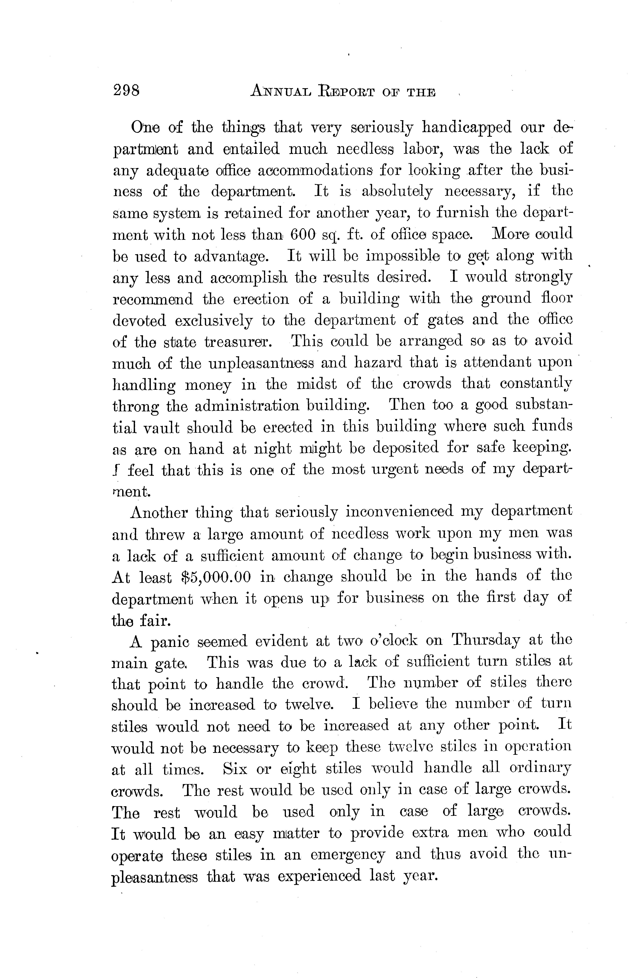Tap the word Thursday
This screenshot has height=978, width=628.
[x=485, y=640]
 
